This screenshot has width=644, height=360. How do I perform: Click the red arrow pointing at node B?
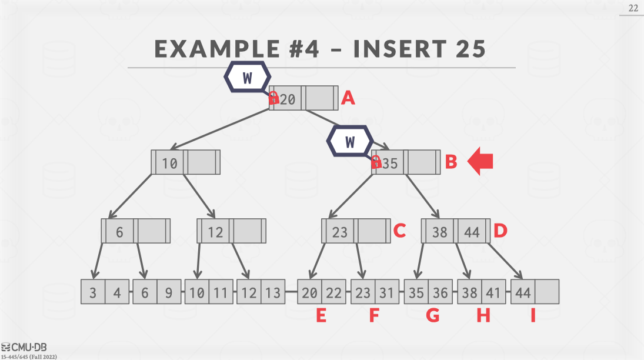(480, 162)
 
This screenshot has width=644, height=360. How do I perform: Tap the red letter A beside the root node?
(348, 98)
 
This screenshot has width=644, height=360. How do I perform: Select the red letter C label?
(399, 231)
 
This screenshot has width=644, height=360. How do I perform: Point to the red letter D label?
(500, 231)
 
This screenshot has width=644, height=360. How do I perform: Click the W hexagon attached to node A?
(247, 77)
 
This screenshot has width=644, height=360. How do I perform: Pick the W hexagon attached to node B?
(351, 142)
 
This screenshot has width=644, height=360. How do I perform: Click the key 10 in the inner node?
(169, 163)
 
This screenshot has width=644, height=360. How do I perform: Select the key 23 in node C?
(340, 232)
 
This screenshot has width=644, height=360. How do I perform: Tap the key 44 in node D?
(472, 232)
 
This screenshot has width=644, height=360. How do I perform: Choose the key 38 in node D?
(440, 232)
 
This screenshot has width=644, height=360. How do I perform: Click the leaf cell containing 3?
(93, 292)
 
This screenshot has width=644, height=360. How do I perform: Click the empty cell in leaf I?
(547, 292)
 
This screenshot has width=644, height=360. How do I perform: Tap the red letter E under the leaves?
(321, 316)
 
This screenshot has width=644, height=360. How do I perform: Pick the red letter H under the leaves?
(483, 316)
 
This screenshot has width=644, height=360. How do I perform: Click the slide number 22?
(633, 8)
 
